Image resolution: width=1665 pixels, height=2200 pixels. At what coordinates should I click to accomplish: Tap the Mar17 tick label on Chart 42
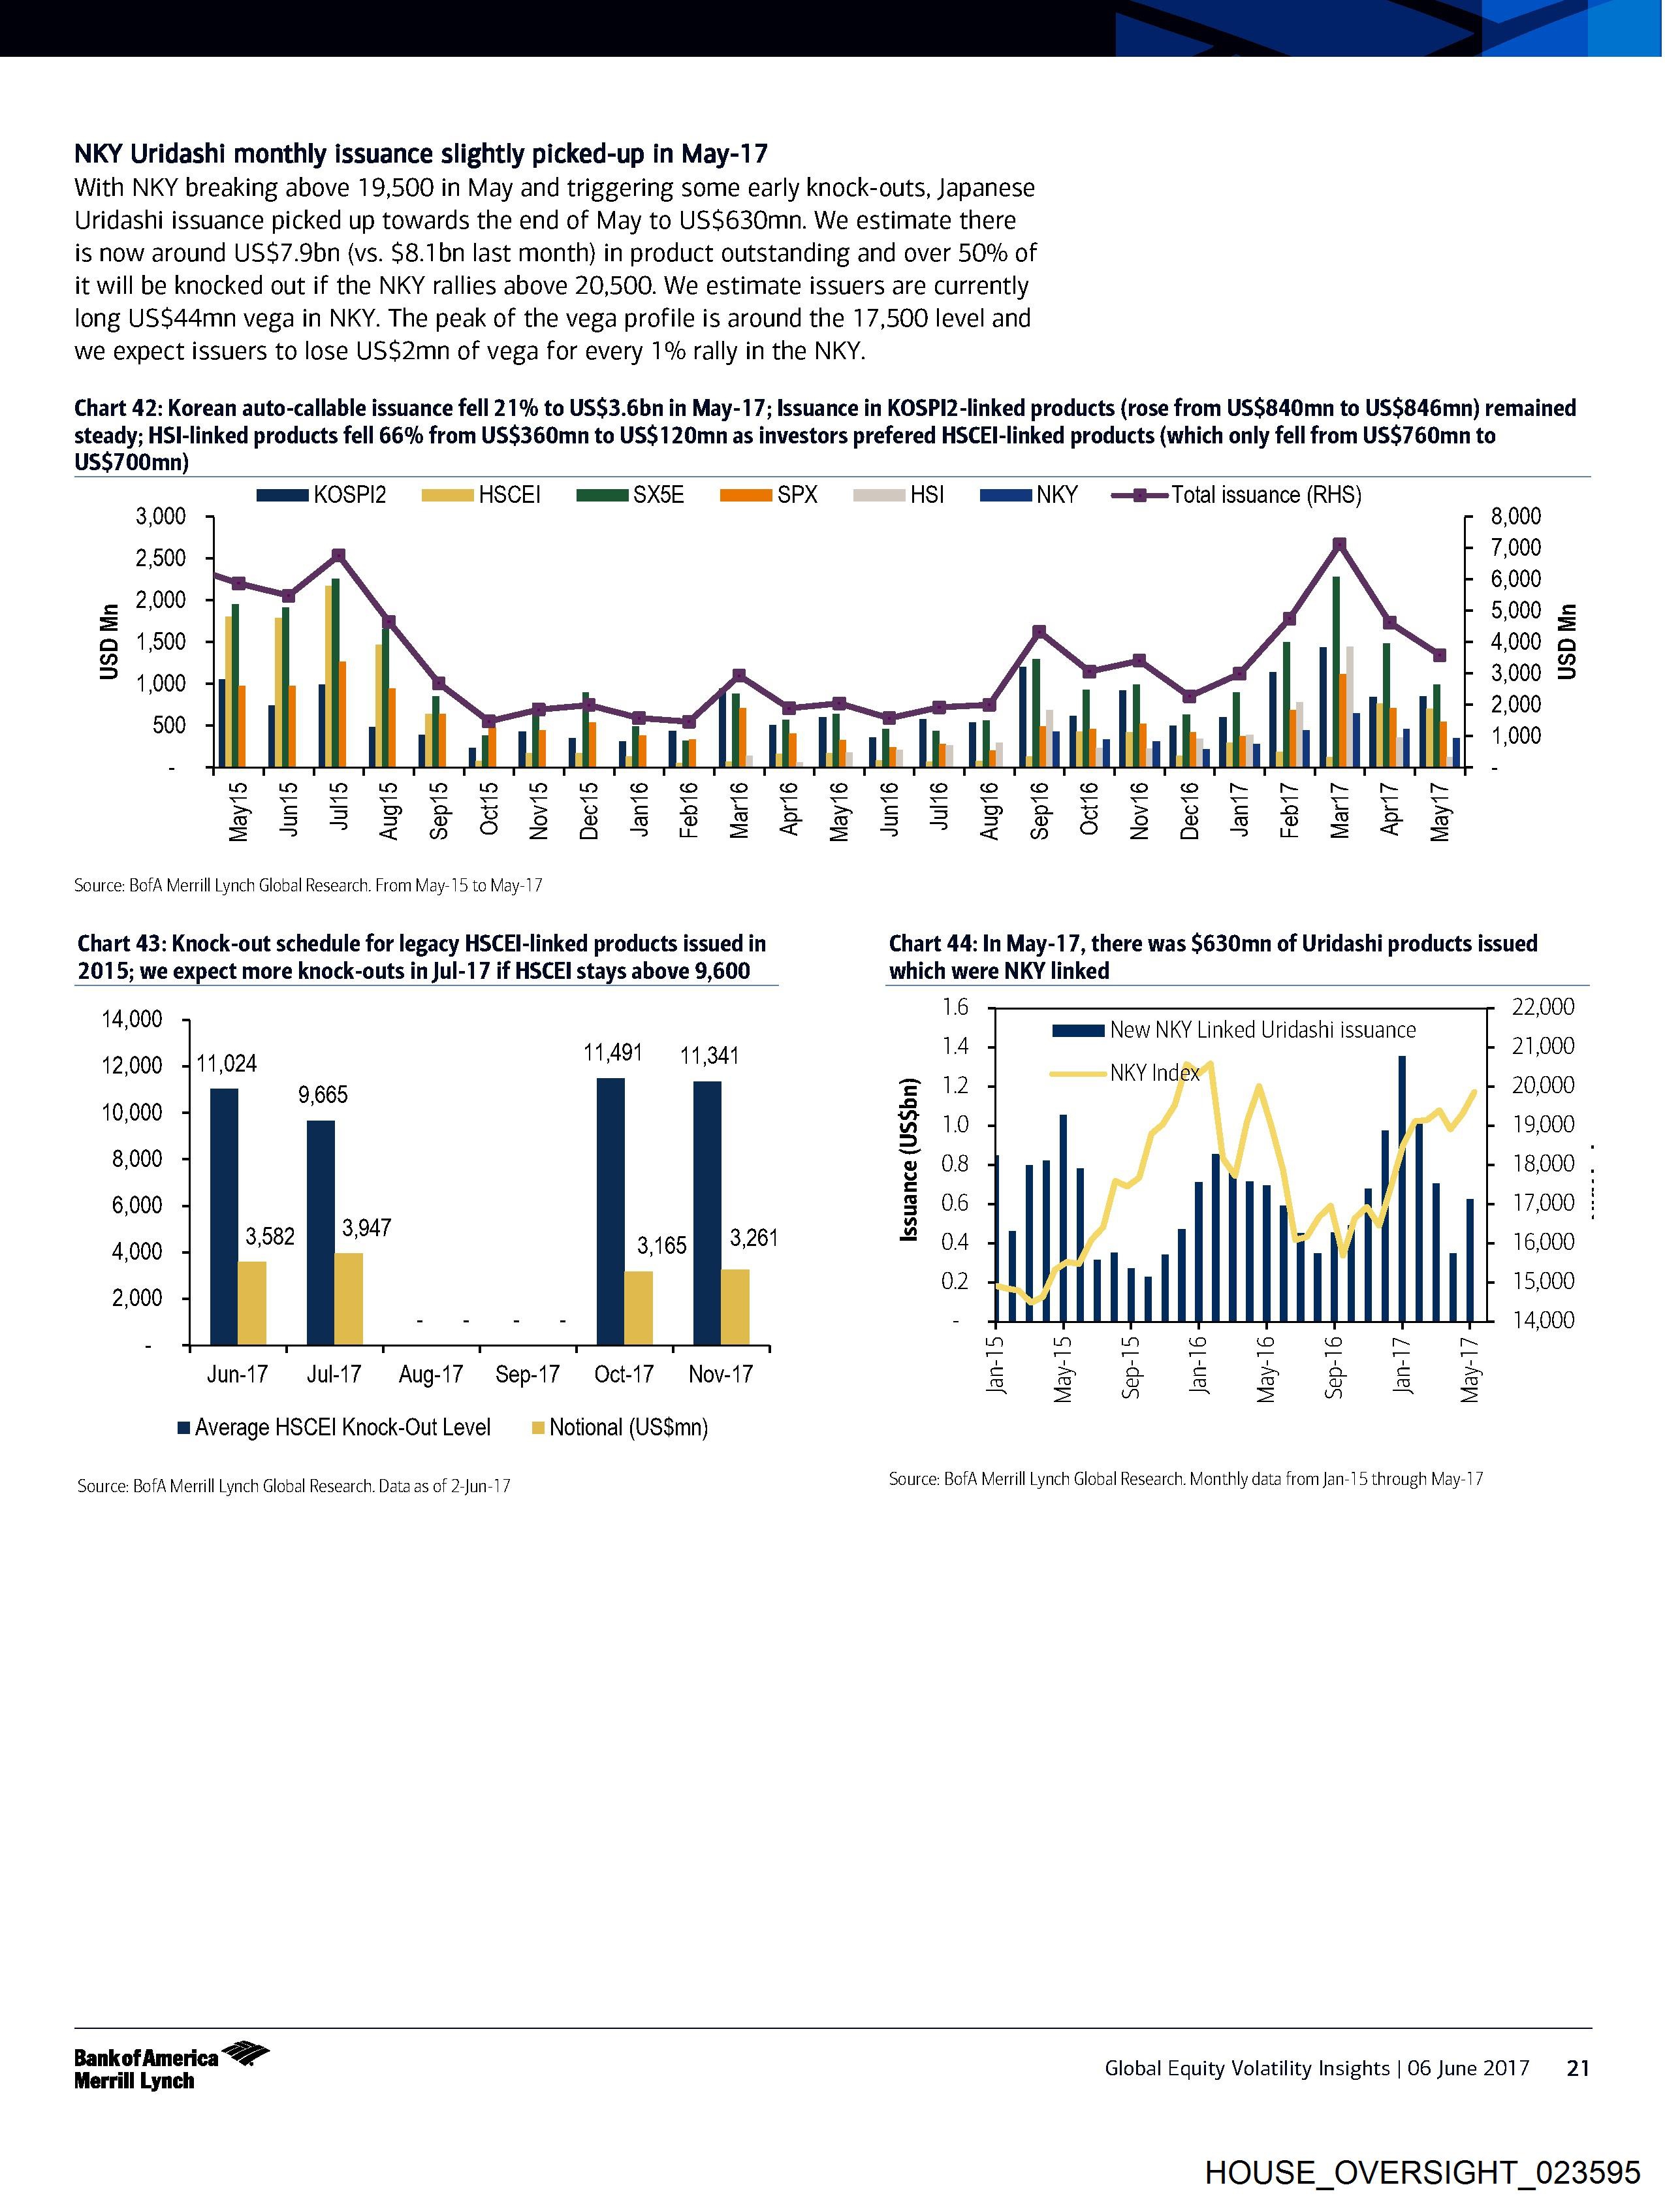[1339, 810]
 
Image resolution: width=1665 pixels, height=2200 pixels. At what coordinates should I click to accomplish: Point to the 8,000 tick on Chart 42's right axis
[1516, 516]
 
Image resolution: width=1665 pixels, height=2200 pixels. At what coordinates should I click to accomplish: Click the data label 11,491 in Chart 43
[612, 1052]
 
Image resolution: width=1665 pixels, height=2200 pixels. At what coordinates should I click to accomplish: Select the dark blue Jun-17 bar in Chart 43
[224, 1215]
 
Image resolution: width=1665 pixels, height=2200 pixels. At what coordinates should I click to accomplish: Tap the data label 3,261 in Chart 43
[754, 1237]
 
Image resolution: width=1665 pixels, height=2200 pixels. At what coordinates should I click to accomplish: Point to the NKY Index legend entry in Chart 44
[1154, 1073]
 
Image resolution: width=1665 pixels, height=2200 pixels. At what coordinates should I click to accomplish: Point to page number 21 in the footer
[1578, 2067]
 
